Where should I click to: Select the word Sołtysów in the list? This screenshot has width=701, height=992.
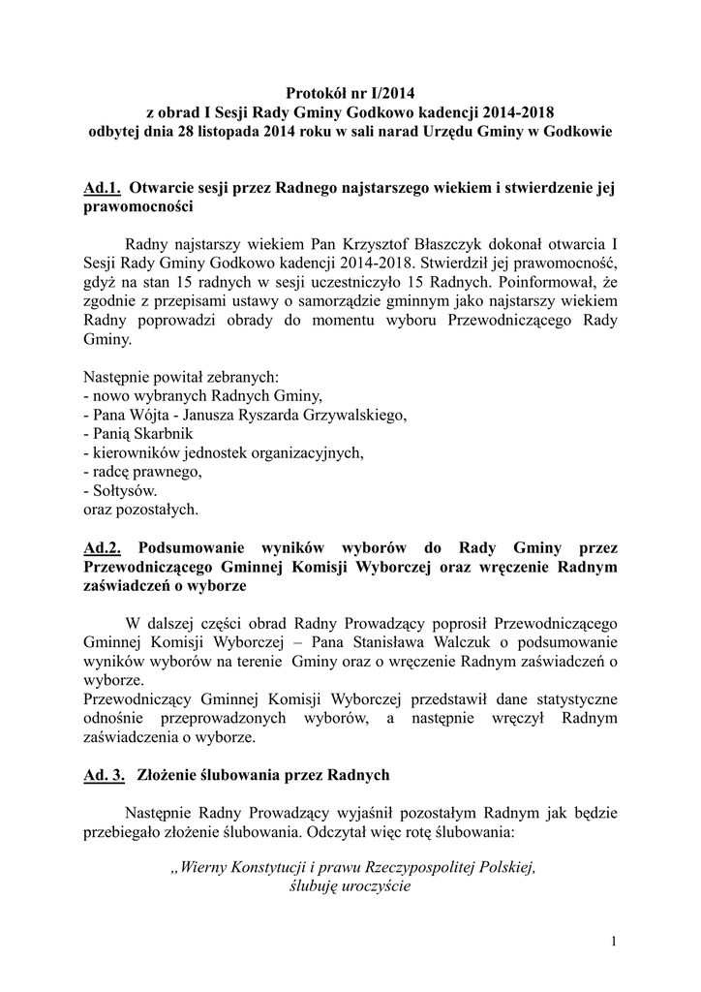click(124, 490)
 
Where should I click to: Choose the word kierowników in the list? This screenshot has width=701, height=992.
click(136, 452)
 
